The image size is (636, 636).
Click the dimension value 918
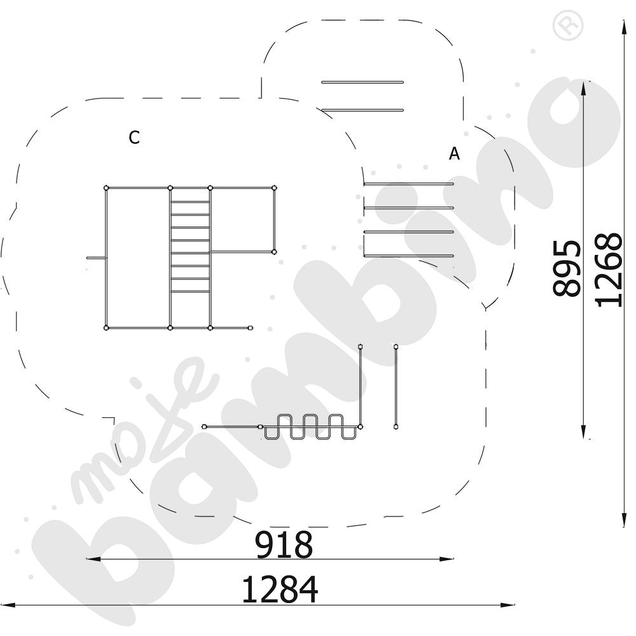click(x=284, y=545)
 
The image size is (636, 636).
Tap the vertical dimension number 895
click(x=567, y=268)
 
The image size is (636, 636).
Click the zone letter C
click(x=134, y=138)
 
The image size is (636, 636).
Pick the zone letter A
click(x=455, y=154)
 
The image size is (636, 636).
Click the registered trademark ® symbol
click(x=568, y=25)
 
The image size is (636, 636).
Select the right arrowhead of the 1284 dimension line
click(x=508, y=605)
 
